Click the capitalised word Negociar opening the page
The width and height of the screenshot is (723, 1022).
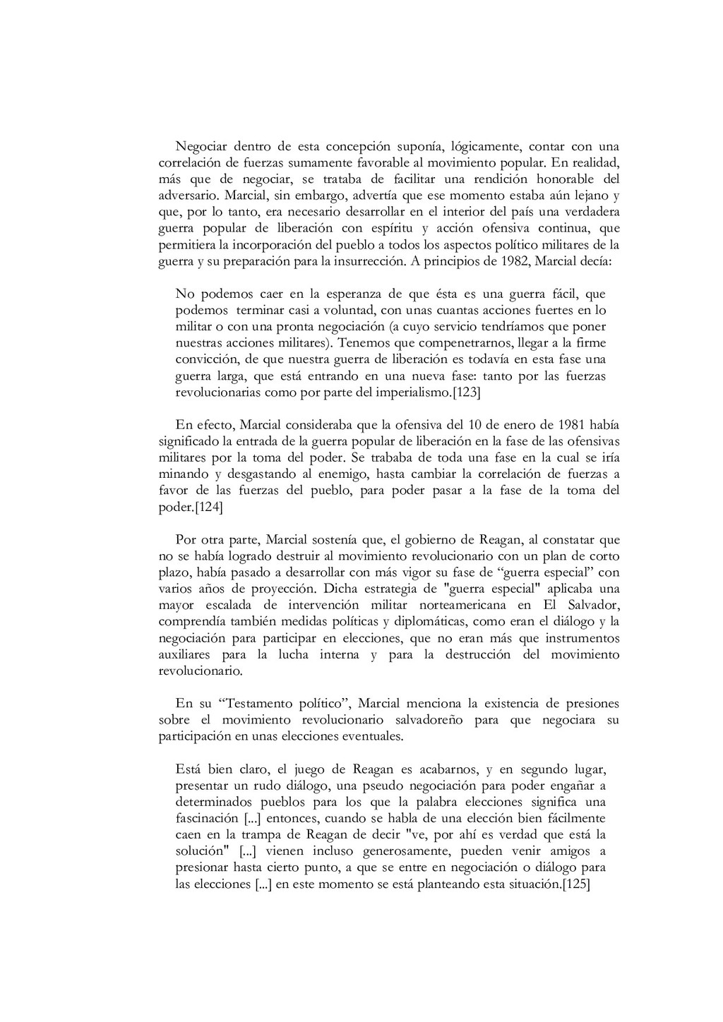point(199,147)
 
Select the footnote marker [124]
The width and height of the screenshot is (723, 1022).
point(209,506)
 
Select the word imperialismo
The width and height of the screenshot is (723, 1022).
point(412,392)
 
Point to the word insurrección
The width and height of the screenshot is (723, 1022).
point(371,261)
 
